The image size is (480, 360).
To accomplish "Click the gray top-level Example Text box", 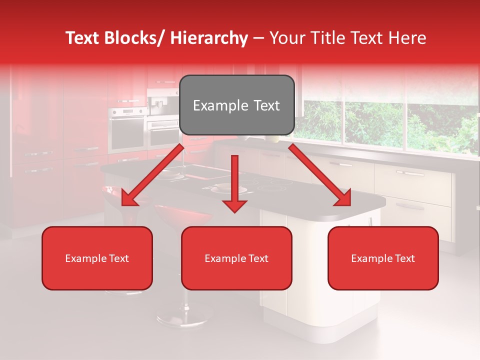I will [x=236, y=105].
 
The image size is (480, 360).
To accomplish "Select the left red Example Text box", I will [x=97, y=258].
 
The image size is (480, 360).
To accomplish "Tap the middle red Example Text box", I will [x=236, y=258].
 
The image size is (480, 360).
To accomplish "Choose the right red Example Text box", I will [x=383, y=258].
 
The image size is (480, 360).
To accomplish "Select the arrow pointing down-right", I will [x=320, y=175].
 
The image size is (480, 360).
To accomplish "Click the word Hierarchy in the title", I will [x=209, y=38].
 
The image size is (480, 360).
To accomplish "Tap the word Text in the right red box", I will [x=404, y=258].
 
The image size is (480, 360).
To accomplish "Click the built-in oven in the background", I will [x=127, y=130].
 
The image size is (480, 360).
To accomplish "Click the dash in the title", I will [x=258, y=38].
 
